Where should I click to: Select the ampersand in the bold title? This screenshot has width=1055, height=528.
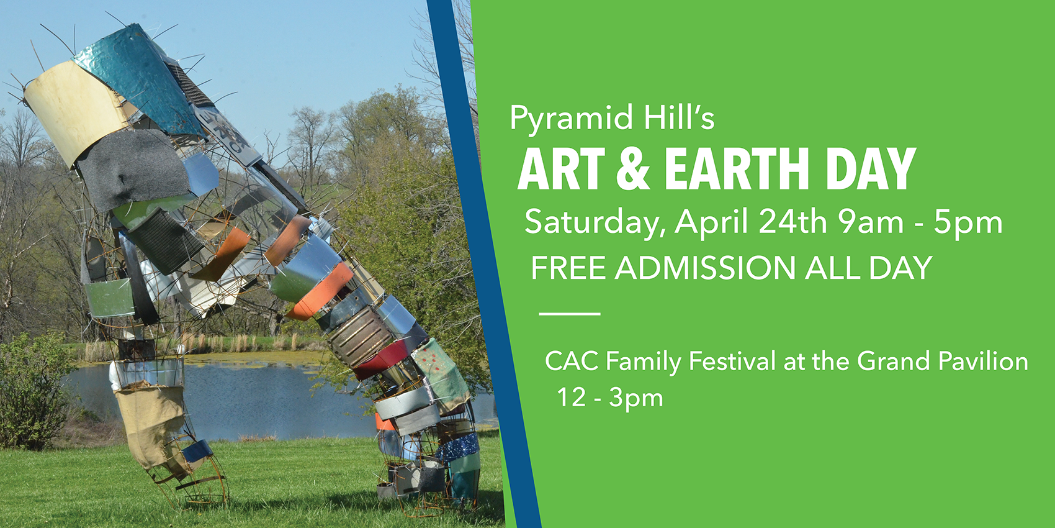click(x=634, y=169)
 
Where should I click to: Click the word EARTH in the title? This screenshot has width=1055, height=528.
click(x=737, y=169)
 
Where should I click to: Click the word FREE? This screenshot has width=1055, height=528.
click(x=568, y=268)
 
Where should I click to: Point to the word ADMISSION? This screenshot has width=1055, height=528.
click(x=705, y=268)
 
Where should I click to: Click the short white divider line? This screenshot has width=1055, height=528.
click(x=570, y=314)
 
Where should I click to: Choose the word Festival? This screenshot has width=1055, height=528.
click(x=732, y=362)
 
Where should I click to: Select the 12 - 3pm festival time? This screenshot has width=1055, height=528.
click(x=610, y=398)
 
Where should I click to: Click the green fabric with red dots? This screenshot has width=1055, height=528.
click(x=441, y=375)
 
